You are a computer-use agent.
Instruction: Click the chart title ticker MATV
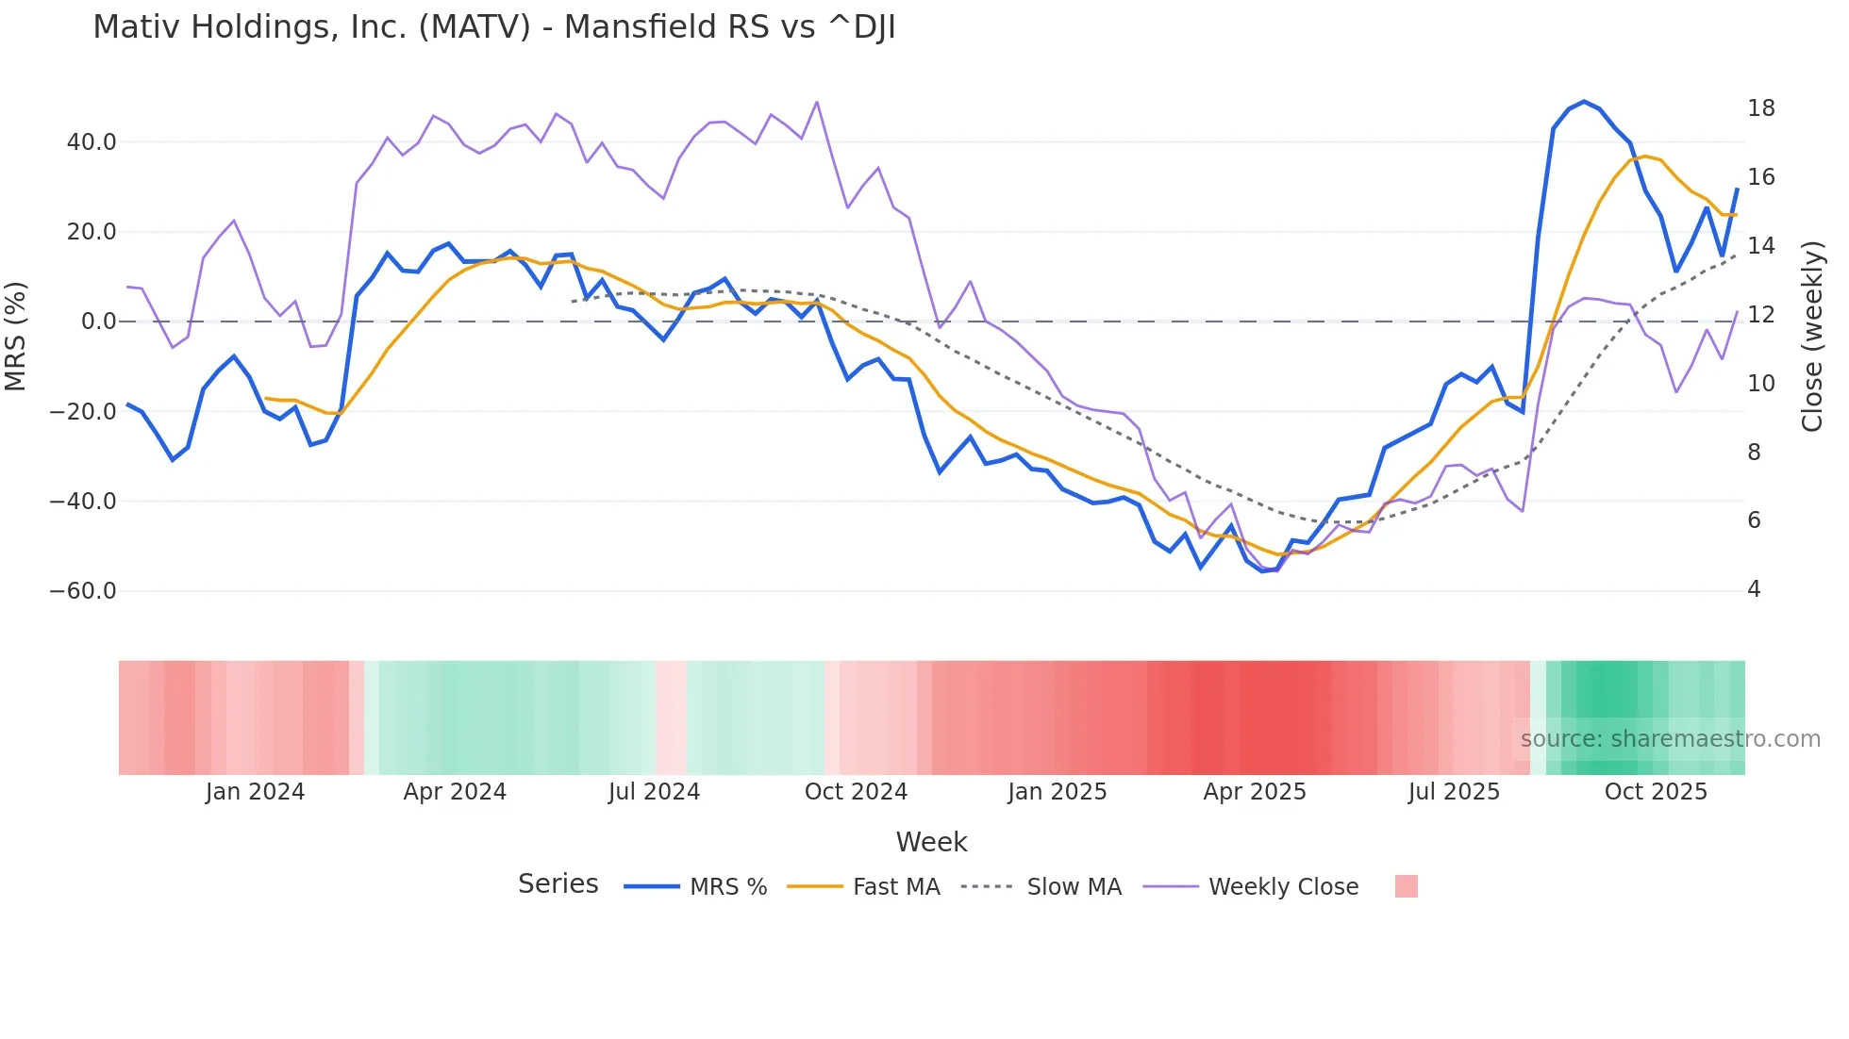click(x=475, y=27)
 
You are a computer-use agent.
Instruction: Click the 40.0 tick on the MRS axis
click(x=92, y=142)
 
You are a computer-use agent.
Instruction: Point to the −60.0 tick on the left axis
click(x=83, y=591)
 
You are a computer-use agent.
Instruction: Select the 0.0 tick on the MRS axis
click(x=99, y=322)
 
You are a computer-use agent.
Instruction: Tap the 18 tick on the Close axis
click(x=1760, y=108)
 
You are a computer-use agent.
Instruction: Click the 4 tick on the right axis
click(x=1754, y=589)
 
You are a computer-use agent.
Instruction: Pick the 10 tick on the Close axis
click(x=1760, y=384)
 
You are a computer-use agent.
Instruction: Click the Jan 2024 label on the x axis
click(x=255, y=792)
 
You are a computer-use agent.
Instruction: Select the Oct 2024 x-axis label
click(x=856, y=792)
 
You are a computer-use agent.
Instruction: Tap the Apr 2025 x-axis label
click(x=1255, y=792)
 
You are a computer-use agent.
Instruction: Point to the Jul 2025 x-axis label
click(x=1454, y=792)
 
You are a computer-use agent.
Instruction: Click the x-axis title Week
click(x=931, y=842)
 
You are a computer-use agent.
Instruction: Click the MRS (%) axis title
click(x=16, y=336)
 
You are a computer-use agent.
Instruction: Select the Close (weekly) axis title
click(x=1811, y=336)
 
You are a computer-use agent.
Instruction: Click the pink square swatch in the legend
click(x=1406, y=886)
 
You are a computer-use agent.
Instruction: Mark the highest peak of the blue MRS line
click(x=1584, y=102)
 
